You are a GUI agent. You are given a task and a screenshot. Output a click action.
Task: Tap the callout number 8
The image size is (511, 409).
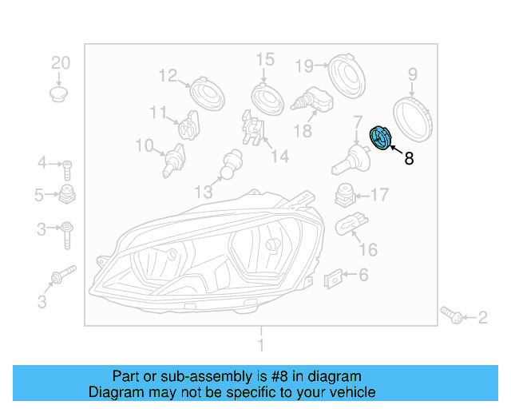click(409, 158)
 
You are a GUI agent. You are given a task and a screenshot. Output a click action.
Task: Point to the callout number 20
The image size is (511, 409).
click(61, 63)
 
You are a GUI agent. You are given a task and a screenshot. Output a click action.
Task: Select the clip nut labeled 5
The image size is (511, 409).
click(68, 195)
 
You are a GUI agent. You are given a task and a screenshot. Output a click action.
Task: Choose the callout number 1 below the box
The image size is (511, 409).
click(259, 344)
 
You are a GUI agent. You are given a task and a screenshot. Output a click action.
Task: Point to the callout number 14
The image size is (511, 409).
click(279, 157)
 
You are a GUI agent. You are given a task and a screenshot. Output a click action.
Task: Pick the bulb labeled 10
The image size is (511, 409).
click(171, 161)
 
